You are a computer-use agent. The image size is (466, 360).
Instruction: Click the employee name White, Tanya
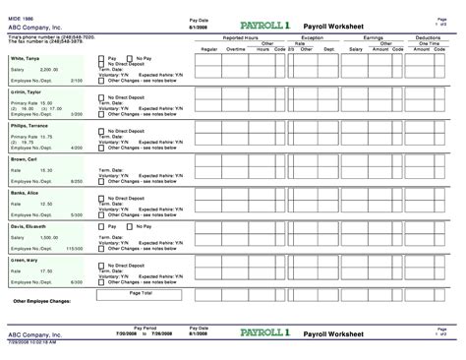tap(27, 59)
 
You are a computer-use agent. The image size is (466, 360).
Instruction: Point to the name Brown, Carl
tap(24, 157)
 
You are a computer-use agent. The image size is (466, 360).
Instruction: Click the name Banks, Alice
tap(25, 191)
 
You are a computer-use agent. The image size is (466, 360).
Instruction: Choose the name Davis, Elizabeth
tap(29, 224)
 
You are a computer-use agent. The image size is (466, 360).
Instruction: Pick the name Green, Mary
tap(25, 258)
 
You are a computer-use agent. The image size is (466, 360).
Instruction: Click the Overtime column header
tap(235, 48)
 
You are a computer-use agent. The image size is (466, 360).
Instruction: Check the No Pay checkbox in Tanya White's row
tap(130, 59)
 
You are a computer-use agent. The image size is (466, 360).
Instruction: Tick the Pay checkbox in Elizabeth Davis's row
tap(101, 224)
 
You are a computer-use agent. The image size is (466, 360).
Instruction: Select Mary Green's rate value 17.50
tap(45, 269)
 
